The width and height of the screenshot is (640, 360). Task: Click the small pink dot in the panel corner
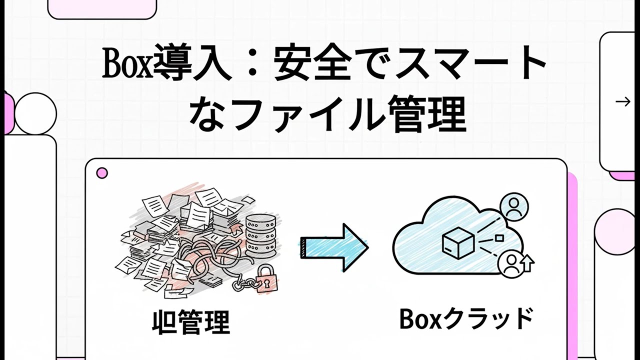[x=102, y=173]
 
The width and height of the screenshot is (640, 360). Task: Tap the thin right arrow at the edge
[x=623, y=102]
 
